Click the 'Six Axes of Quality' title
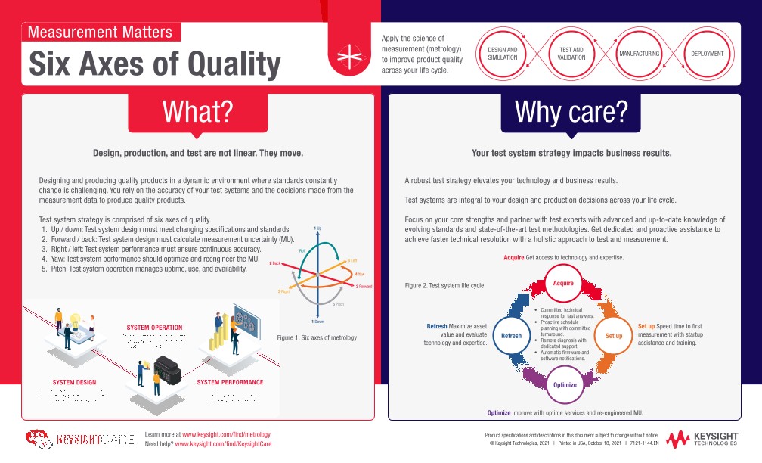point(154,64)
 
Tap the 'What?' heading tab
point(198,111)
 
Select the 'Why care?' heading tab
point(571,111)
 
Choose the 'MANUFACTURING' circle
point(639,54)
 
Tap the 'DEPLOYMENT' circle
point(708,54)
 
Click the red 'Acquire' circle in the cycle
point(564,283)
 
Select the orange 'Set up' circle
point(614,334)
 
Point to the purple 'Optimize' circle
point(565,384)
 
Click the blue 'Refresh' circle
point(512,335)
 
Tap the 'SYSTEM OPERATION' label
point(154,328)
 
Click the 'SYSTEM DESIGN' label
point(74,382)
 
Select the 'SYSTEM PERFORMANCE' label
point(230,382)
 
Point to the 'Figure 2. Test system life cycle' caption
point(444,286)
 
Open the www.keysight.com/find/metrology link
point(226,435)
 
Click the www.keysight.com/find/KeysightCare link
point(223,444)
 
